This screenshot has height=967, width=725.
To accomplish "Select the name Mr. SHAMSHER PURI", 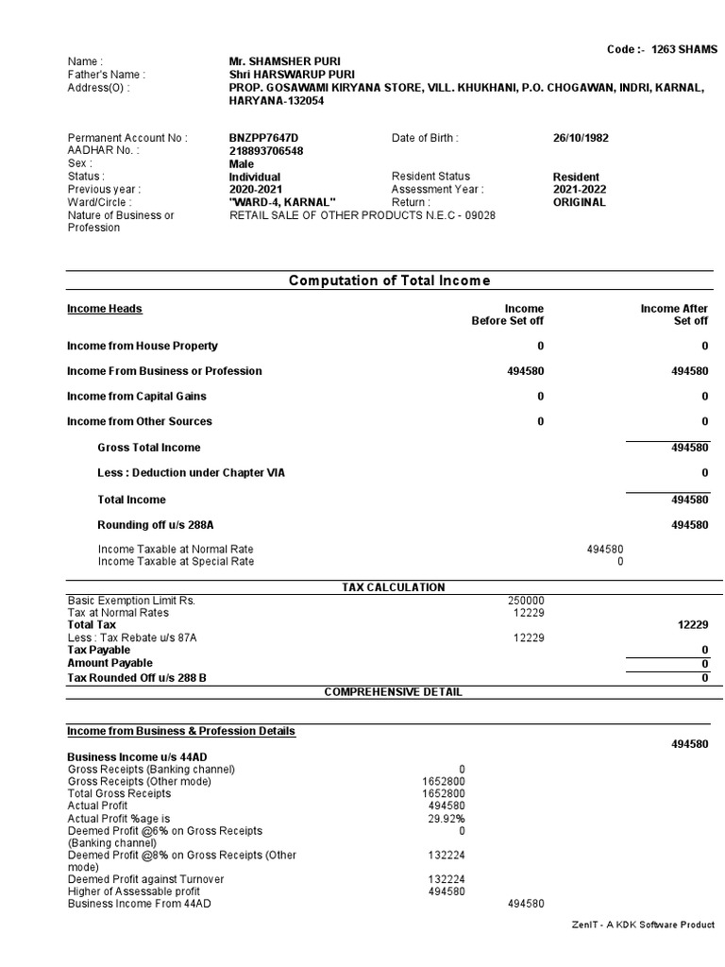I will click(278, 61).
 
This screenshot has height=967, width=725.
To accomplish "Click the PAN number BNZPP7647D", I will click(263, 138).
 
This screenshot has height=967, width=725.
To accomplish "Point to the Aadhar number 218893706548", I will click(266, 151).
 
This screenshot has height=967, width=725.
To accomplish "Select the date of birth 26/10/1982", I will click(581, 138).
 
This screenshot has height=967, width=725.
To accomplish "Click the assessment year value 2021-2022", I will click(580, 190).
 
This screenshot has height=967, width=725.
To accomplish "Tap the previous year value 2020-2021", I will click(255, 190).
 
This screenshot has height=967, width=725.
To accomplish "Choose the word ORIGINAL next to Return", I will click(580, 202).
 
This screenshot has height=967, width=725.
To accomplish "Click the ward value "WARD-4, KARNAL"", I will click(282, 202).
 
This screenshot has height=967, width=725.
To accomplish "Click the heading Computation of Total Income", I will click(389, 280).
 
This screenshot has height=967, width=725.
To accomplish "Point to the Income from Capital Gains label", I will click(137, 397).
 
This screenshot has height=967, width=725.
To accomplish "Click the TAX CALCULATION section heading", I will click(393, 587).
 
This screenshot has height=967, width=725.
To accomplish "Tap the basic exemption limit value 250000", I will click(526, 601).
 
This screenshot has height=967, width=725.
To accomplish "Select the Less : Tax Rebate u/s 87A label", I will click(132, 638).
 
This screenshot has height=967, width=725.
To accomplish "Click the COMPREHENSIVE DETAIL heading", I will click(393, 692).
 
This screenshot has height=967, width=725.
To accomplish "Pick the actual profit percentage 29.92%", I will click(447, 819).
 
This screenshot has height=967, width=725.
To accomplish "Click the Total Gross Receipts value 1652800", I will click(443, 794).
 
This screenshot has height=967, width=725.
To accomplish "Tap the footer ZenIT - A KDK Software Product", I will click(644, 925).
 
